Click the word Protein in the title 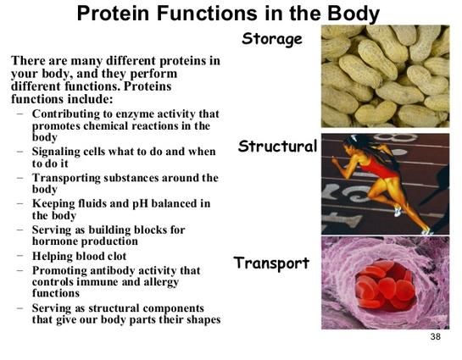(x=113, y=14)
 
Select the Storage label (x=272, y=40)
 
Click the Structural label (x=277, y=147)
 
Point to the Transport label (x=271, y=263)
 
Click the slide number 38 (x=435, y=336)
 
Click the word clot (x=117, y=256)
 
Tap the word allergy (x=161, y=282)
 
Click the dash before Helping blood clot (x=20, y=255)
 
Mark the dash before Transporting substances (x=20, y=177)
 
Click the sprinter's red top (x=377, y=168)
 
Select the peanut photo (x=386, y=76)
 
